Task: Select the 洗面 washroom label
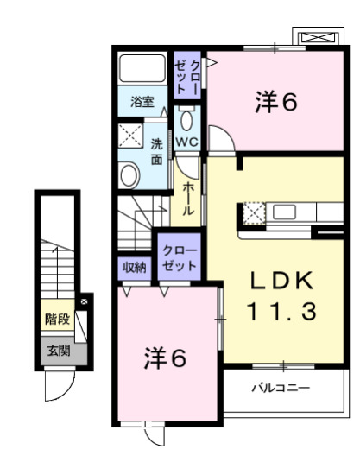coord(156,151)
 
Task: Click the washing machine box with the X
coord(132,137)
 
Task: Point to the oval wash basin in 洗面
coord(129,175)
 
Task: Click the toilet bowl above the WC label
coord(187,118)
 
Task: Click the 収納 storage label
coord(134,267)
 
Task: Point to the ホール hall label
coord(187,199)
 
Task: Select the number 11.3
coord(279,310)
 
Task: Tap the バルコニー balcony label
coord(280,387)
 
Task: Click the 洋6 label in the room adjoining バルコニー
coord(164,358)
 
